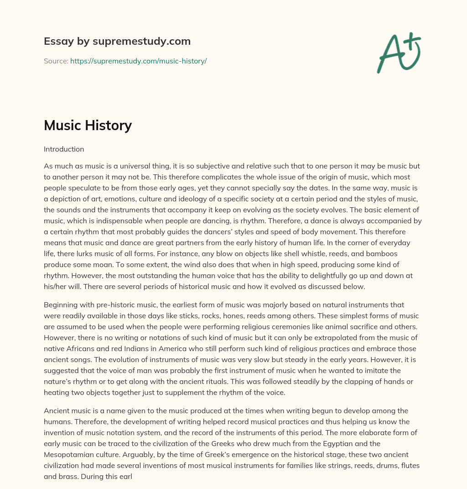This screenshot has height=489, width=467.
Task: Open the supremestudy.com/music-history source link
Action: (138, 61)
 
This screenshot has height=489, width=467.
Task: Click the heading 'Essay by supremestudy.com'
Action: (117, 42)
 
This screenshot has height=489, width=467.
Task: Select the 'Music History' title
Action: (88, 125)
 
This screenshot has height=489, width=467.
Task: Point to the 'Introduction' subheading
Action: (64, 149)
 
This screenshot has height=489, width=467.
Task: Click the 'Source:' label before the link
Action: (56, 61)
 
